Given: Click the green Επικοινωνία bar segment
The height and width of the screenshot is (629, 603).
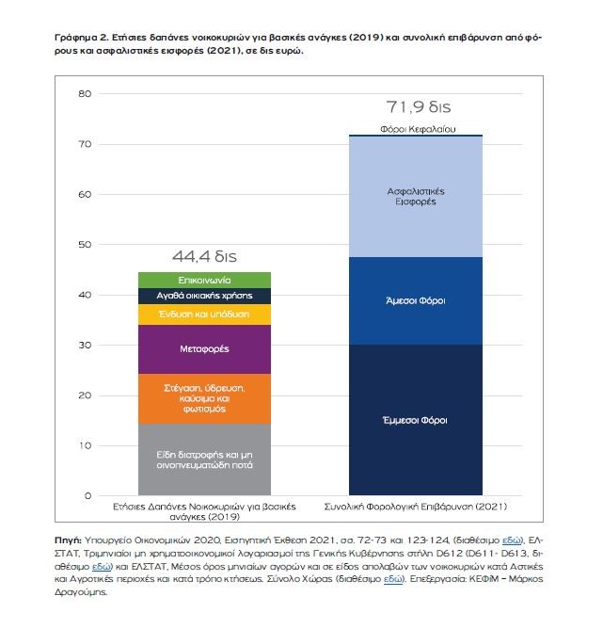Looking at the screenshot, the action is pos(204,280).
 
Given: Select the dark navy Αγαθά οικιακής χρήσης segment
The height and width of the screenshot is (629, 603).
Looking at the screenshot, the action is pos(204,296).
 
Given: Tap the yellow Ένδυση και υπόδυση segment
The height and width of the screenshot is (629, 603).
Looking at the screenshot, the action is pos(204,314).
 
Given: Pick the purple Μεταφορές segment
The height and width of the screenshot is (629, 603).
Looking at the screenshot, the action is pos(204,349).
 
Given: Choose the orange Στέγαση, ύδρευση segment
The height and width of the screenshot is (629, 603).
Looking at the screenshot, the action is pos(204,398).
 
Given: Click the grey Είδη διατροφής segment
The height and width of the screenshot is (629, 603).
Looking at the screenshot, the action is pos(204,460).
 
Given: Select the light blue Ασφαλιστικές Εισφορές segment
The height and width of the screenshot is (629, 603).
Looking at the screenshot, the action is pos(416,197).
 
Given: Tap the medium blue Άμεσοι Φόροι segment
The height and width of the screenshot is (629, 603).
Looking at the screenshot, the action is pos(416,301).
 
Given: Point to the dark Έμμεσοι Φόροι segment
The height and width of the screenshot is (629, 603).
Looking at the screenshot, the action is pos(416,420).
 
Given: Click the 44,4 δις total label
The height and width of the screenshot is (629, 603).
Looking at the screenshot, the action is pos(204,256).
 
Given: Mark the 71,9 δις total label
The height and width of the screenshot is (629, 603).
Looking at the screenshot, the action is pos(419,107).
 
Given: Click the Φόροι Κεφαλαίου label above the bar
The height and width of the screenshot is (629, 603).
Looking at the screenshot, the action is pos(418,129).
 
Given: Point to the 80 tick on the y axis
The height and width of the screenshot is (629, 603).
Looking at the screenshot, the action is pos(85,94).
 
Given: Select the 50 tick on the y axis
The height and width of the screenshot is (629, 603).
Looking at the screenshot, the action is pos(85,244).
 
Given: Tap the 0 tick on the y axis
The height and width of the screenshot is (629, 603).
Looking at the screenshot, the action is pos(87,496).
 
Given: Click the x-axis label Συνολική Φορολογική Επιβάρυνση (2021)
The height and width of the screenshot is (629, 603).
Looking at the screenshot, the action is pos(416,507).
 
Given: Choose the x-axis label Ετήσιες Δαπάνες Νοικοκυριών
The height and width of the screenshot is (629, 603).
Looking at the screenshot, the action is pos(204,511).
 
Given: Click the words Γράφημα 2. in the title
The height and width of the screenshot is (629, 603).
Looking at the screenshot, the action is pos(81,38).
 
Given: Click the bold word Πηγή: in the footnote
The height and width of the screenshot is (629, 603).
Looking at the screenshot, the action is pos(68,540).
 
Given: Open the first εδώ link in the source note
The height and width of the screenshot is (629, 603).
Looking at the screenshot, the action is pos(511,540).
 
